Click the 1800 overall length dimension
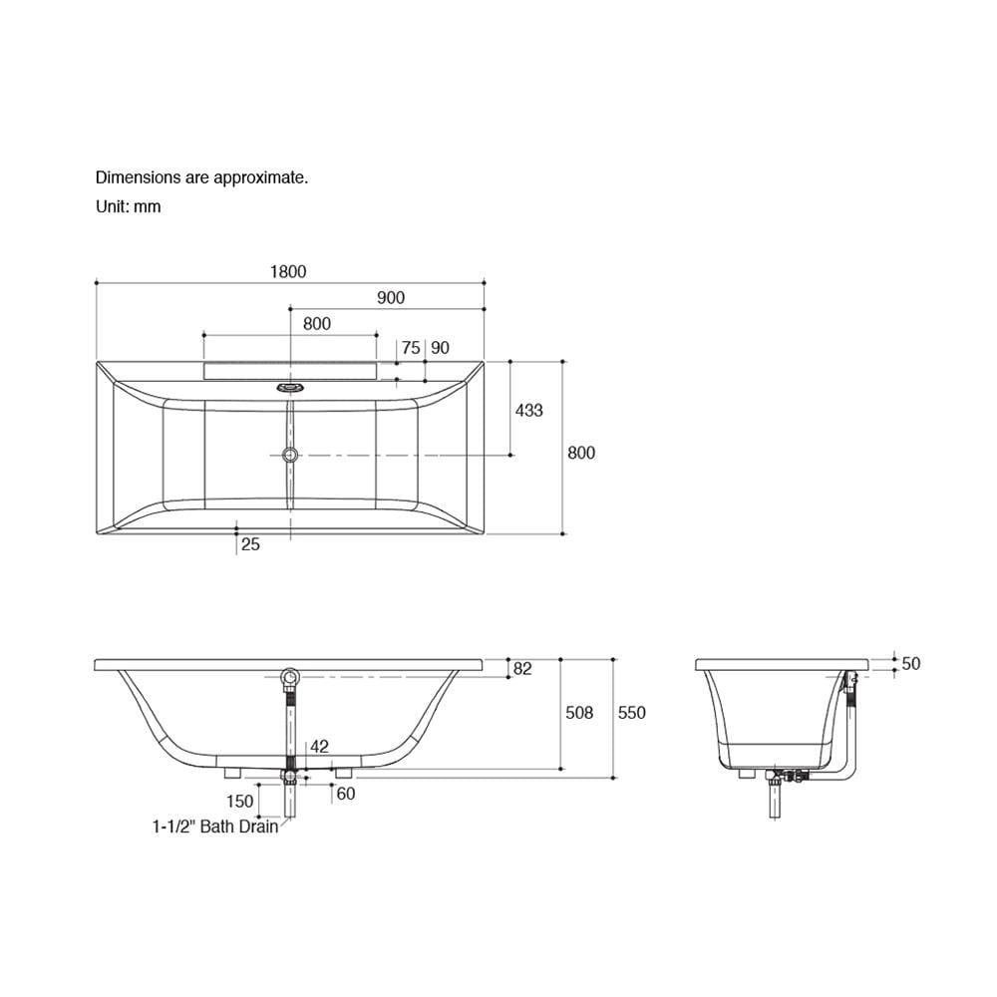point(288,271)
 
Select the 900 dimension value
point(391,297)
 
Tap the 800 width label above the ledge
point(317,324)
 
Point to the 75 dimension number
point(411,348)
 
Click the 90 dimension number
point(440,348)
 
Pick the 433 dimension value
point(529,410)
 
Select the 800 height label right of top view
point(581,453)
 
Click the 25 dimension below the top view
point(250,544)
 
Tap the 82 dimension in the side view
point(522,669)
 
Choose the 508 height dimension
point(579,713)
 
